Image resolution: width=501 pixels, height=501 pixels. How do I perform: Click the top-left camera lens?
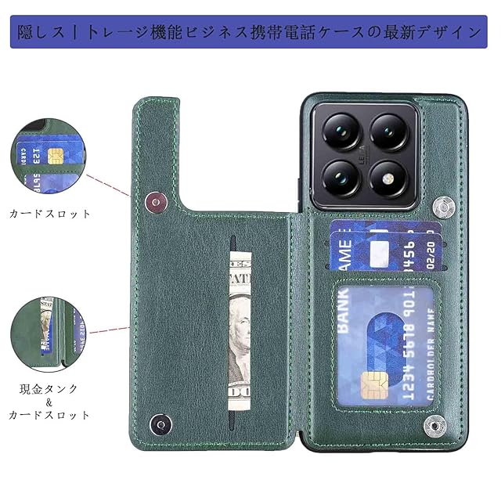click(x=341, y=130)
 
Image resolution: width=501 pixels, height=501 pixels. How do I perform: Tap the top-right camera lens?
click(x=390, y=130)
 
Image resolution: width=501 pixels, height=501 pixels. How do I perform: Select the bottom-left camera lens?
click(x=341, y=178)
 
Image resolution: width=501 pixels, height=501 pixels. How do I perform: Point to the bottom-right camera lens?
click(x=390, y=178)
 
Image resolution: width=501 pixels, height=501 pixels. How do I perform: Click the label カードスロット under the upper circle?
click(x=50, y=213)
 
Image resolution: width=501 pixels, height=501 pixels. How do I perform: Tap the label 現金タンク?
click(x=50, y=388)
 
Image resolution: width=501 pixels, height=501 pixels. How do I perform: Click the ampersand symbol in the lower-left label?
click(x=50, y=402)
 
